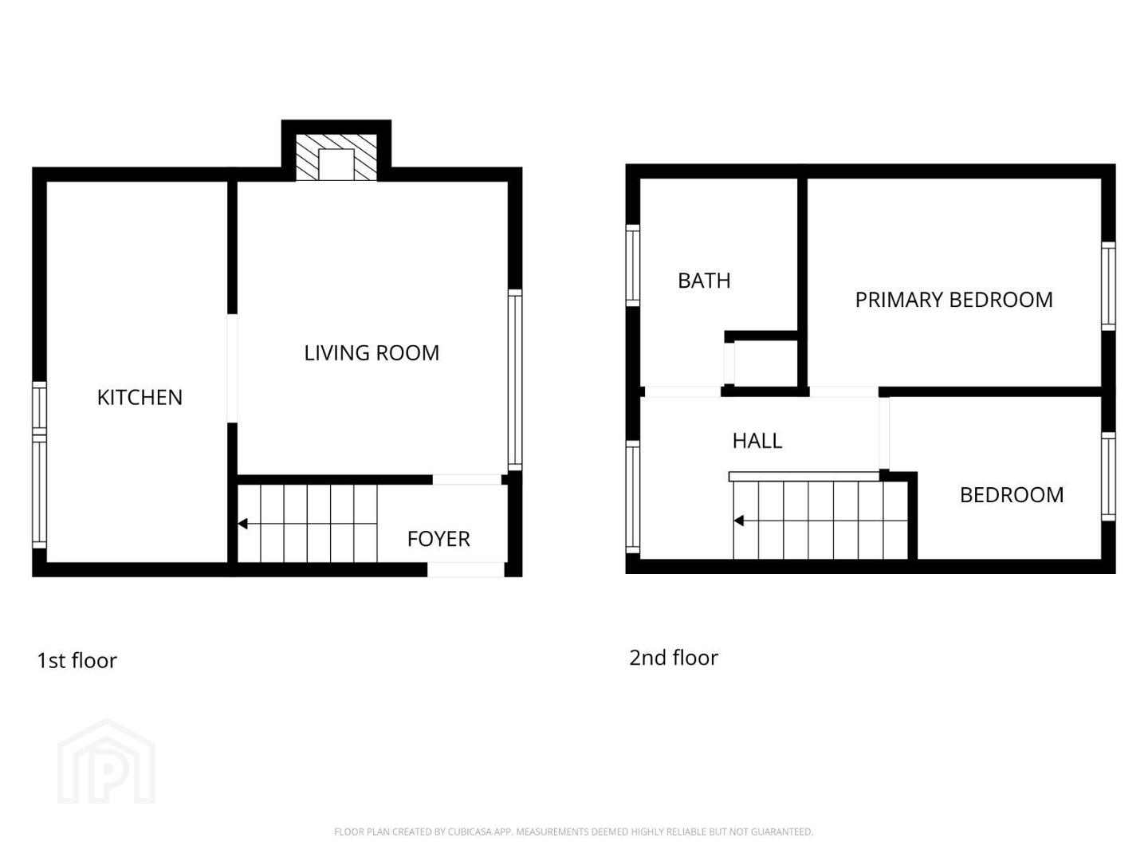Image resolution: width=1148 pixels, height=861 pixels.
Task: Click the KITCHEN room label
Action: point(140,398)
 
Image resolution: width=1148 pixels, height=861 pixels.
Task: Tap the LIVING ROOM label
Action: point(372,353)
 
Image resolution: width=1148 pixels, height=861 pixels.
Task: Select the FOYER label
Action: point(438,539)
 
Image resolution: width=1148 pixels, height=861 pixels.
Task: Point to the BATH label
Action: point(704,281)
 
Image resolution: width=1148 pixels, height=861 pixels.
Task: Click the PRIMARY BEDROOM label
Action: point(954,300)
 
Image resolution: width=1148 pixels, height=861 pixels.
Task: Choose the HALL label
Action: point(757,441)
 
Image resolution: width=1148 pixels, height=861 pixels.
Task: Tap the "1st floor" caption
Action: point(77,661)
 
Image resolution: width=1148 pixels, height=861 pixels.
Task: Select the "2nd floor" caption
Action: point(674,658)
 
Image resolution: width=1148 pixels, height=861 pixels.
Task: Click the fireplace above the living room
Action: point(336,157)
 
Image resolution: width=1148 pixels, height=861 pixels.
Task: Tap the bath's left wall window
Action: point(633,265)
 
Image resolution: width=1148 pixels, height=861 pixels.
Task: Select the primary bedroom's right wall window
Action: point(1108,286)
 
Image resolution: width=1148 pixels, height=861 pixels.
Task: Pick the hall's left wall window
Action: point(633,497)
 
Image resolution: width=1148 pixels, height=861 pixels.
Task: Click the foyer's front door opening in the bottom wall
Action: point(466,570)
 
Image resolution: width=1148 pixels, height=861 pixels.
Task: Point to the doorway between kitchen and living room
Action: point(232,368)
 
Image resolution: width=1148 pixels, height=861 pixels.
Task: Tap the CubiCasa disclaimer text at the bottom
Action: point(574,832)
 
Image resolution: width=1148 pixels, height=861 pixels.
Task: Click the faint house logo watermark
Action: point(107,761)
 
